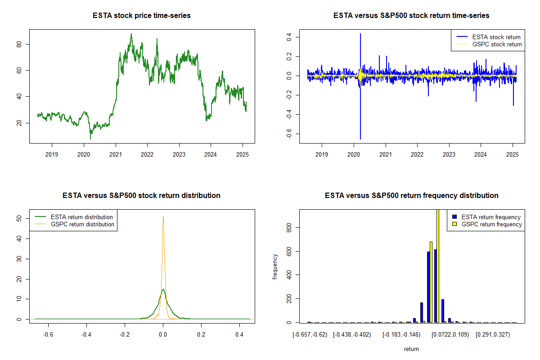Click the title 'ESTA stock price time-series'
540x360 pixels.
click(x=141, y=16)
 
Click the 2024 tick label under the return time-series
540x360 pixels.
click(x=481, y=154)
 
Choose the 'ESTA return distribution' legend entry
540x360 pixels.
click(x=81, y=217)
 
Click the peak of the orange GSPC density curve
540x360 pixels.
click(x=163, y=217)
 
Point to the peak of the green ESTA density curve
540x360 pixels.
click(x=163, y=290)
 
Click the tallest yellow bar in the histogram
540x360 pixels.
click(x=437, y=265)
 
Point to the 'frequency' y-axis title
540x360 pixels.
click(x=275, y=267)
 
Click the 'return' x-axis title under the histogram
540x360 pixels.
click(x=411, y=349)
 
